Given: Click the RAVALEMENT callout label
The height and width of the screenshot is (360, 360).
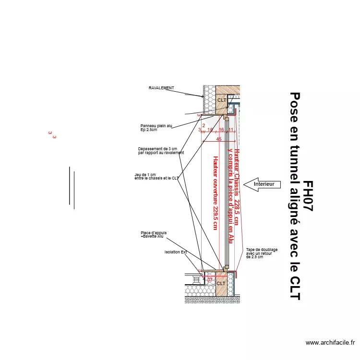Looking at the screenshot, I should click(161, 88).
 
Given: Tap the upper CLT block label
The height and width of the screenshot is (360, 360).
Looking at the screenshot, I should click(221, 100).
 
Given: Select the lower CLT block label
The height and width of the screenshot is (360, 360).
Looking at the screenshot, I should click(221, 283).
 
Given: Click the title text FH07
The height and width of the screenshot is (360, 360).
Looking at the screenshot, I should click(308, 197).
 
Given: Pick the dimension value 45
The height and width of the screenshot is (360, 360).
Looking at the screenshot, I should click(219, 139).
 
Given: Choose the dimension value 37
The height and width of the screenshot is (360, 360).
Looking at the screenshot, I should click(210, 279).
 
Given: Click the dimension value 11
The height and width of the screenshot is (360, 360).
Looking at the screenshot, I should click(230, 130).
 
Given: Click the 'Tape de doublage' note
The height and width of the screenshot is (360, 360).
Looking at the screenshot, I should click(259, 253).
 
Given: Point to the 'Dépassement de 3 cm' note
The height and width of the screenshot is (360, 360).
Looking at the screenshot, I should click(160, 151).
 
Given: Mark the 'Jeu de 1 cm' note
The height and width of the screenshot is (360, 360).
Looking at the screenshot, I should click(156, 176).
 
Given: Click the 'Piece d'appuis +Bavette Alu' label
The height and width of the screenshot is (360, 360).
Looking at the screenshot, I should click(154, 235).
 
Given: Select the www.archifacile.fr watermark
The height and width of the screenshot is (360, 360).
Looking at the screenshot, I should click(330, 343).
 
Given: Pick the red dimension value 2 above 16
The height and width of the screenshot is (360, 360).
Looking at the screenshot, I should click(204, 125).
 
